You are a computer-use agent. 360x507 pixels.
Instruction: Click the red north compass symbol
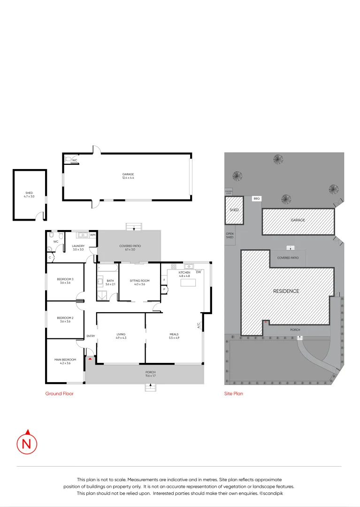pyautogui.click(x=27, y=443)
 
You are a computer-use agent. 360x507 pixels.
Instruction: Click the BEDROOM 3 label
pyautogui.click(x=65, y=281)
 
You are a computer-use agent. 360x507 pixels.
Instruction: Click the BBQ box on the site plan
pyautogui.click(x=256, y=199)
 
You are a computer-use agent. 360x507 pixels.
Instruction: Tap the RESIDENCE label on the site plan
pyautogui.click(x=286, y=291)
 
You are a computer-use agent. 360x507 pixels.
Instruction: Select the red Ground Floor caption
pyautogui.click(x=59, y=394)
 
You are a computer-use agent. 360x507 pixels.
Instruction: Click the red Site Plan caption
pyautogui.click(x=233, y=394)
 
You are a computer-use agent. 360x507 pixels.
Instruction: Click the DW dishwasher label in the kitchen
pyautogui.click(x=198, y=272)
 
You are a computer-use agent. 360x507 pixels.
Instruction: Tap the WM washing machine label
pyautogui.click(x=92, y=234)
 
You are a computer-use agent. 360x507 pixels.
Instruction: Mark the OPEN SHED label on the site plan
pyautogui.click(x=230, y=235)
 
